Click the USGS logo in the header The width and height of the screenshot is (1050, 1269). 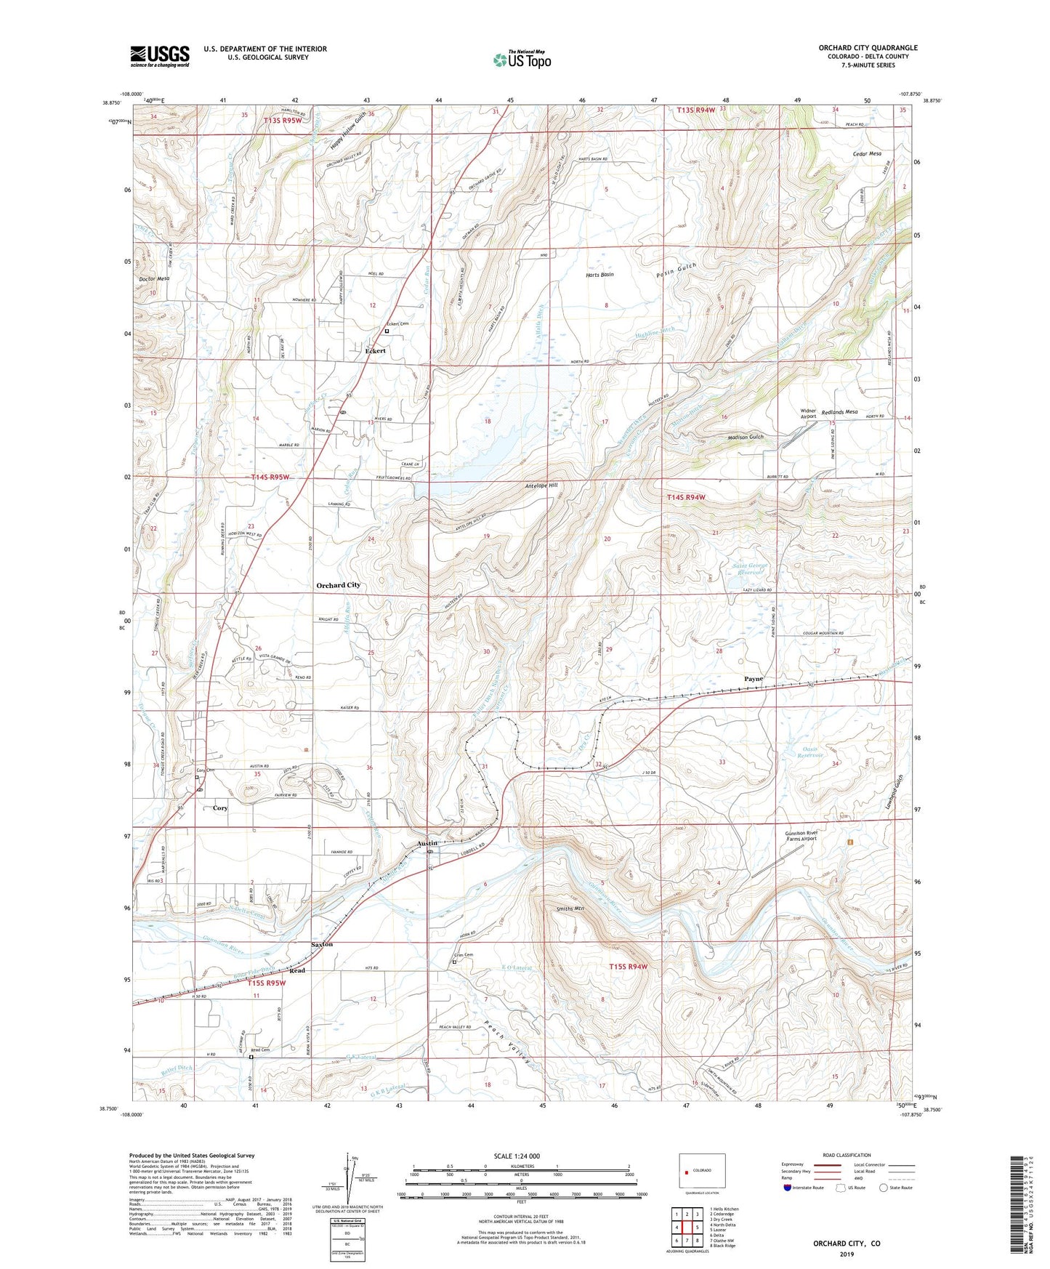point(160,56)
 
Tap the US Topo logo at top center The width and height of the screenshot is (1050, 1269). point(521,60)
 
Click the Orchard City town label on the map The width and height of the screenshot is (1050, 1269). point(338,585)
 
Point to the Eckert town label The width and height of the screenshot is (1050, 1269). point(375,350)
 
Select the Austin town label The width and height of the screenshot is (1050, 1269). point(427,843)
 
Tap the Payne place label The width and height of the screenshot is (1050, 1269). point(754,679)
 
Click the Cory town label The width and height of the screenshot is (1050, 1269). point(220,807)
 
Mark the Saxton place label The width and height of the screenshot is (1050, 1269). point(322,944)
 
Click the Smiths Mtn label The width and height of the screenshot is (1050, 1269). point(570,909)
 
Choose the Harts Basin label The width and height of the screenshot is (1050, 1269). point(599,275)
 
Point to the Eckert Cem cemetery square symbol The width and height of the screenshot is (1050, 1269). point(387,331)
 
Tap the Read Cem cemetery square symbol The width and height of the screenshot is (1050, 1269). point(251,1057)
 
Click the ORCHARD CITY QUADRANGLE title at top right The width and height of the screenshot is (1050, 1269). point(868,48)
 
